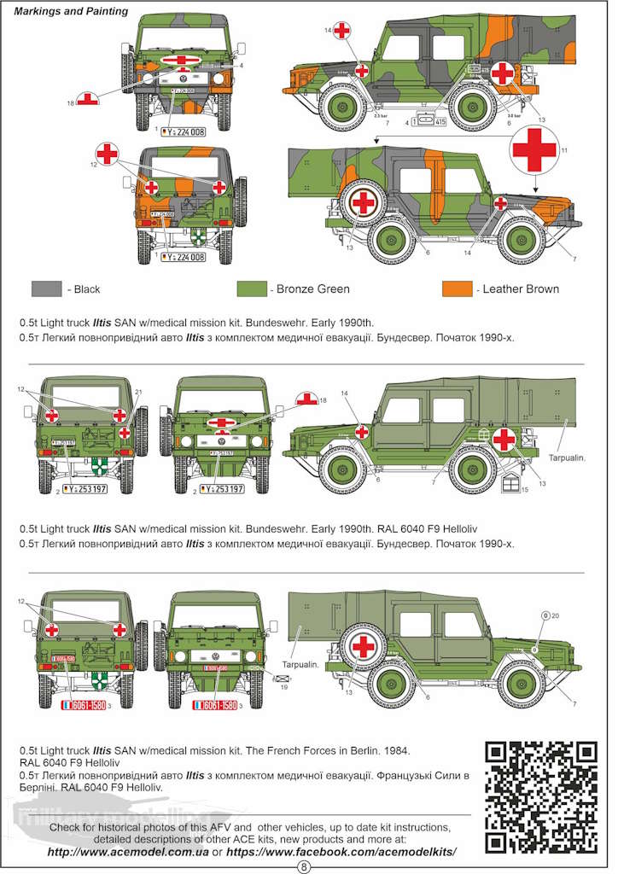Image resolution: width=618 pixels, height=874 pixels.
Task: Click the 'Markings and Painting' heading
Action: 71,12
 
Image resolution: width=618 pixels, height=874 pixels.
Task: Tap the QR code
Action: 540,795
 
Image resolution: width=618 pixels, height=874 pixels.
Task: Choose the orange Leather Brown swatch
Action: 458,289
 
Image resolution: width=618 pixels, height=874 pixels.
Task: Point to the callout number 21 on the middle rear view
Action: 138,392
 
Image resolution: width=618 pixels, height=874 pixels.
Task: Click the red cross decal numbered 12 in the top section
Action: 107,154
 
